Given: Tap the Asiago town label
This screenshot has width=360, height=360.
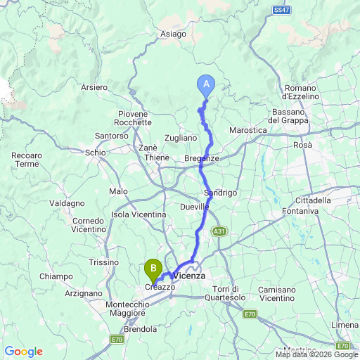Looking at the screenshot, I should [173, 33].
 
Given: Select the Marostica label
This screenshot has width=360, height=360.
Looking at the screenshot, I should [249, 131].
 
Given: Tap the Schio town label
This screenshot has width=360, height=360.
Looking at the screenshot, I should [95, 152].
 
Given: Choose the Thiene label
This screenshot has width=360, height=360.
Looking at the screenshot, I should [148, 158].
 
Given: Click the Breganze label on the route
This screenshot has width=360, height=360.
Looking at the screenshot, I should [202, 159].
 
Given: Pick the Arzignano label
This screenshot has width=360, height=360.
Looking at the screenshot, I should [83, 293].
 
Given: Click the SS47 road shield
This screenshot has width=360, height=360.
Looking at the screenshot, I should [281, 11].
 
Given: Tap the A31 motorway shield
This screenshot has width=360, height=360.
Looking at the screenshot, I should [219, 231].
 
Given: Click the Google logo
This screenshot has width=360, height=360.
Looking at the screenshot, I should [23, 352].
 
